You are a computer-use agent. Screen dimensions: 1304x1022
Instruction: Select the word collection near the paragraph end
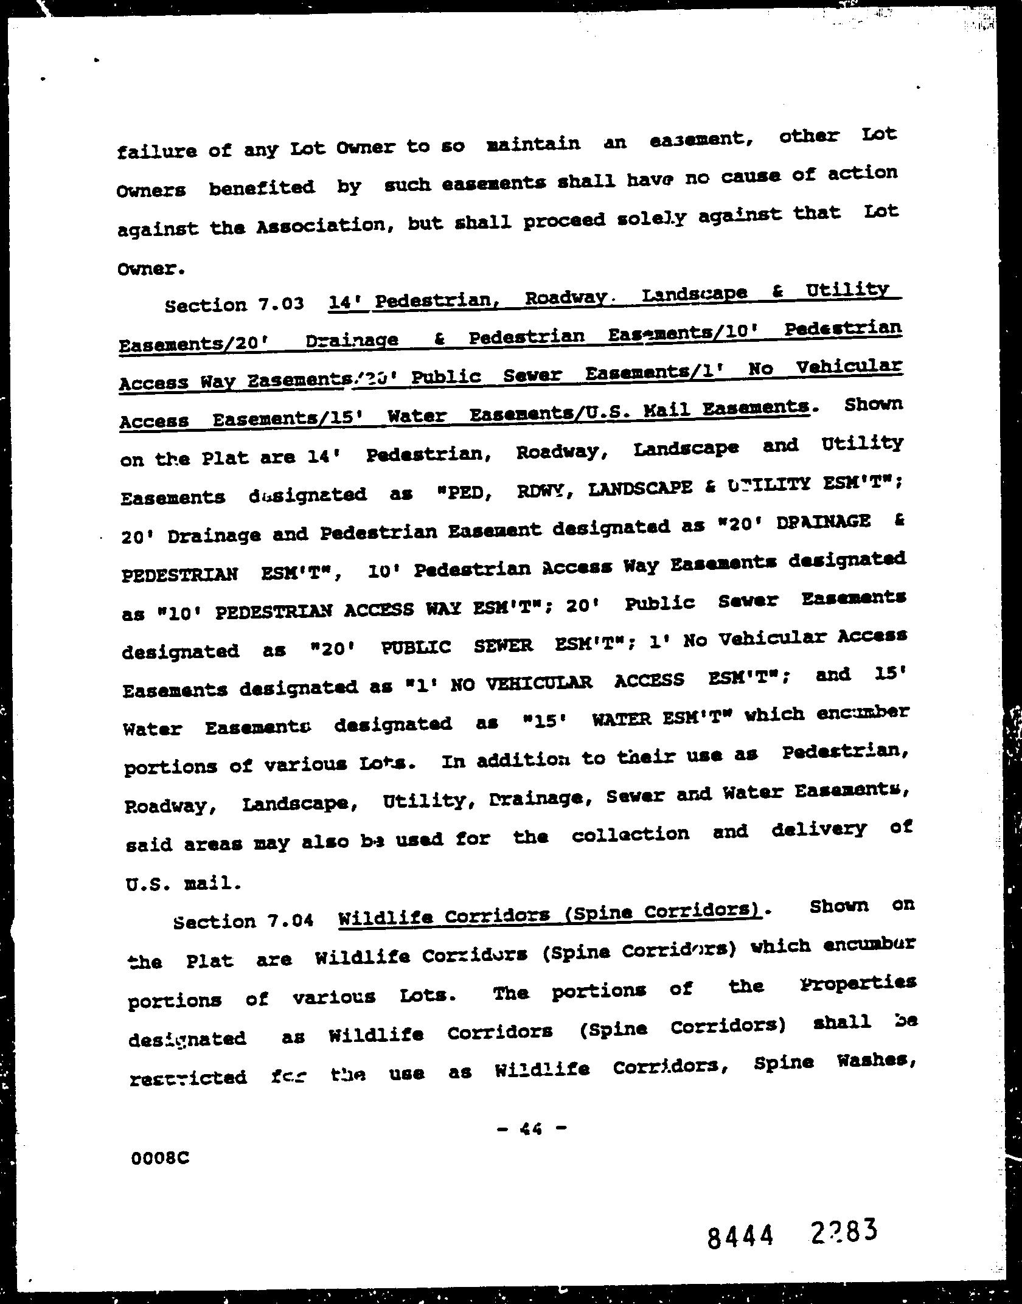[630, 834]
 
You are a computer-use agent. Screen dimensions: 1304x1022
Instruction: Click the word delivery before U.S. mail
[818, 831]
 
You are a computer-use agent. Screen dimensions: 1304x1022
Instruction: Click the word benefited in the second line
[262, 188]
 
